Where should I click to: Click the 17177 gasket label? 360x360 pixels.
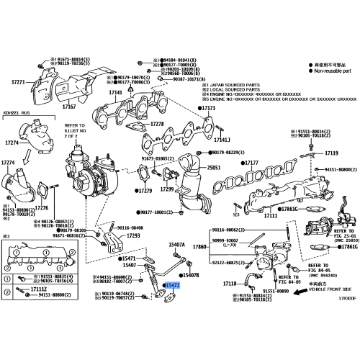[x=250, y=163]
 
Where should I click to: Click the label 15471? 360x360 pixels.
[x=129, y=258]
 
